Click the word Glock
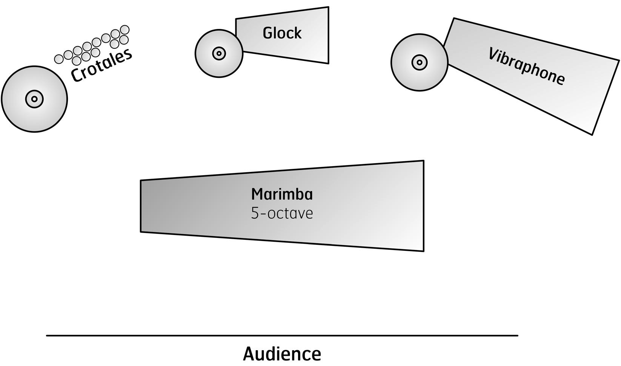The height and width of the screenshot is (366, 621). [282, 33]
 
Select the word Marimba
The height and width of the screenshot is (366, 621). [282, 194]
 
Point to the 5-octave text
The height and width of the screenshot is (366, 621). [282, 213]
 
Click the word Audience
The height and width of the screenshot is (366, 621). [282, 354]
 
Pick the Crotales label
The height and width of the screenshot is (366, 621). [101, 65]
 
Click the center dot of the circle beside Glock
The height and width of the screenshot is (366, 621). [219, 53]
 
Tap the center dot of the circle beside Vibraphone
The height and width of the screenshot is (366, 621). [420, 62]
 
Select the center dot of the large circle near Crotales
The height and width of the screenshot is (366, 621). [34, 99]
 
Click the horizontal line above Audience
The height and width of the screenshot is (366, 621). [282, 335]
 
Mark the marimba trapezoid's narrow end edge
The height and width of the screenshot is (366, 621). [141, 206]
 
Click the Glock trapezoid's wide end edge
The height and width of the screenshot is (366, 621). [329, 35]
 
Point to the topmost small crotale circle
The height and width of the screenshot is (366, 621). [125, 30]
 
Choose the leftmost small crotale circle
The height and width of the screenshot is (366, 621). [59, 59]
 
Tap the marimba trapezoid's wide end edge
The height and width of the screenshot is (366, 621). [424, 206]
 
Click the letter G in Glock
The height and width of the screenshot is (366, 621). [267, 33]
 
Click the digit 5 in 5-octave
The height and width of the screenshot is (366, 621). [255, 213]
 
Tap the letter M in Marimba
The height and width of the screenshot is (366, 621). [258, 194]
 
